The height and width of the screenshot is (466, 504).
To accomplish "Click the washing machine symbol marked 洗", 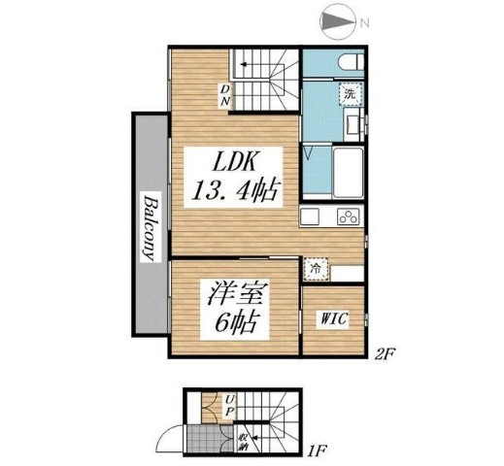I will tap(347, 95).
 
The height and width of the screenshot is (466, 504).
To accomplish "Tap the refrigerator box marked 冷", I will tap(314, 265).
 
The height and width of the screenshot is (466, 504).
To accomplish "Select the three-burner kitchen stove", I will tap(347, 216).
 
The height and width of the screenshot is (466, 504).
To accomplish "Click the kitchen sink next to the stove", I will tap(311, 216).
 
